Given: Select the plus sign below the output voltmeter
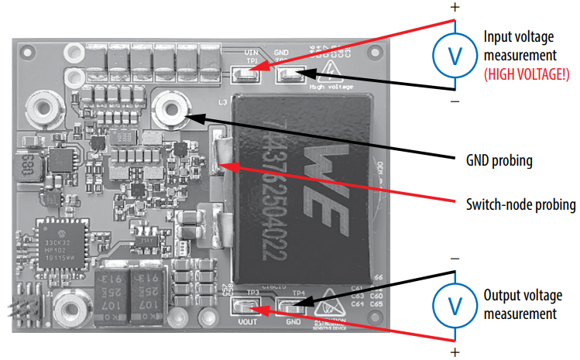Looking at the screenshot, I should pos(455,352).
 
